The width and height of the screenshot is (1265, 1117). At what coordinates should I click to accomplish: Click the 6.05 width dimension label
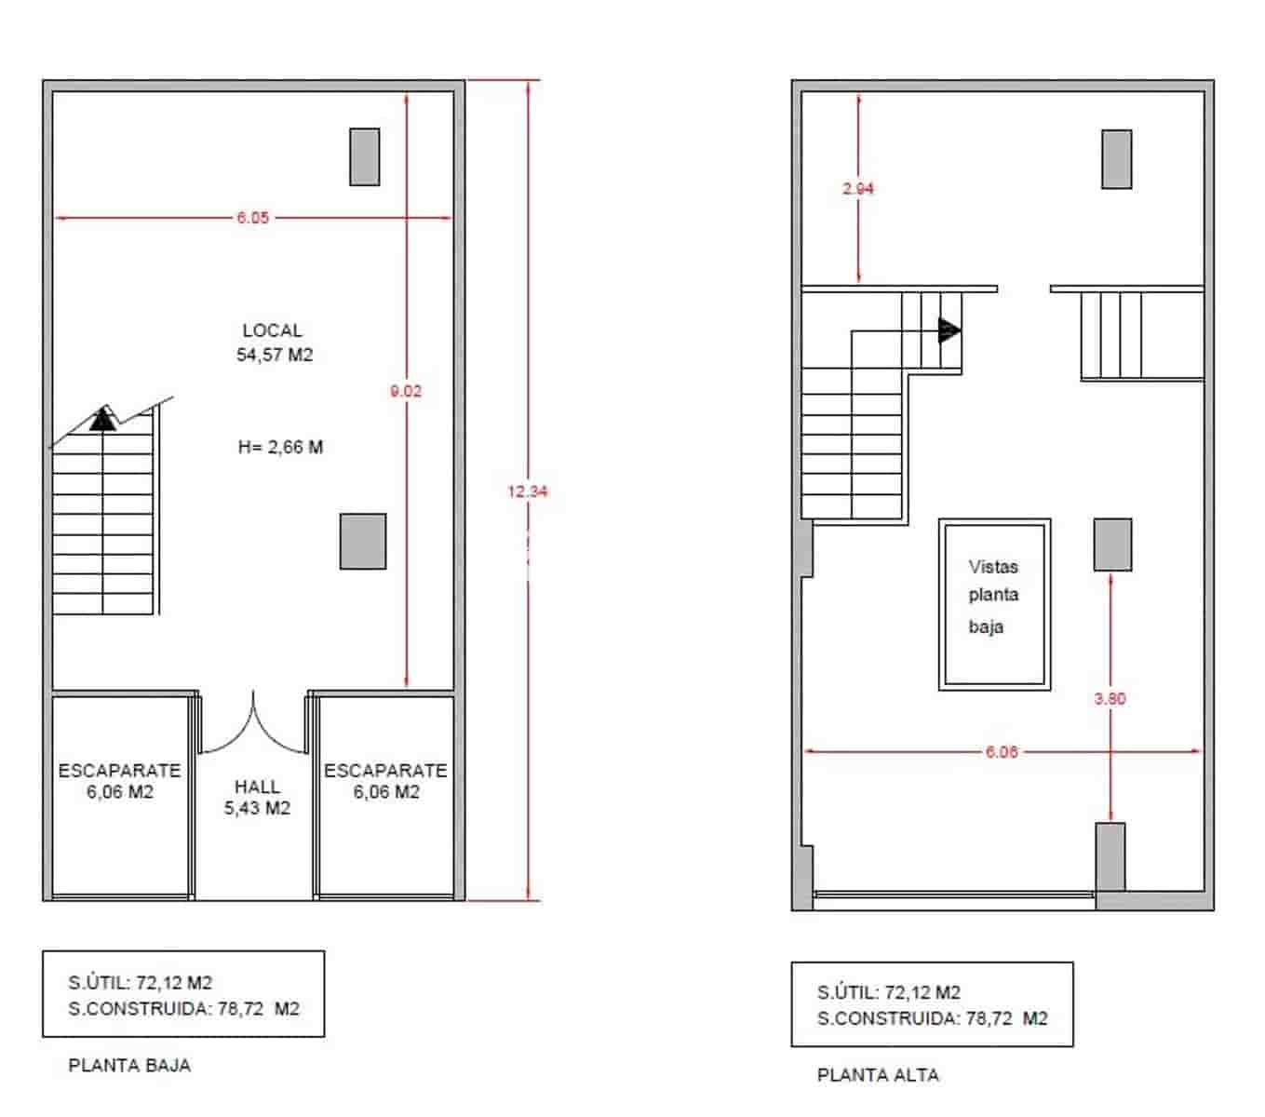(x=252, y=218)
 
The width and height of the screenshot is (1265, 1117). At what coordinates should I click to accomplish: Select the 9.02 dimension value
(x=406, y=391)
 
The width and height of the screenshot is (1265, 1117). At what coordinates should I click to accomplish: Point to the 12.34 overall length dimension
(x=528, y=491)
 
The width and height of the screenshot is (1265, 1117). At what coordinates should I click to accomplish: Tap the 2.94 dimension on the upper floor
(x=858, y=188)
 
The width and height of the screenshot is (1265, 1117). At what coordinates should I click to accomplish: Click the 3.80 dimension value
(x=1110, y=698)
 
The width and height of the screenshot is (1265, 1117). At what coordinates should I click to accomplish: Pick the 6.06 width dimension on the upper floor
(x=1002, y=752)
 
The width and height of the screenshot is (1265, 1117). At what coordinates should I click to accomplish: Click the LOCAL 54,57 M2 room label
(x=274, y=343)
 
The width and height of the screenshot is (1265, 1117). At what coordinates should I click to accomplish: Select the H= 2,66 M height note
(x=280, y=447)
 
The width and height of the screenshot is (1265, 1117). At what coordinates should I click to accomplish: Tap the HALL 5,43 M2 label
(x=257, y=798)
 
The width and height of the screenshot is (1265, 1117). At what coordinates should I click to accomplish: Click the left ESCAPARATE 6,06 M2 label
(x=120, y=781)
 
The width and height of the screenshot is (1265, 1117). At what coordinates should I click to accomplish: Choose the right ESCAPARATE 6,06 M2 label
(x=385, y=781)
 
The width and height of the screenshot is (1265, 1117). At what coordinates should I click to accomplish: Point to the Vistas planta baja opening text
(x=993, y=596)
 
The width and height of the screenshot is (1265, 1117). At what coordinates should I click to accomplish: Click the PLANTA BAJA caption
(x=129, y=1066)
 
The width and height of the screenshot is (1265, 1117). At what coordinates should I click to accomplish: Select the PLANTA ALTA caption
(x=878, y=1075)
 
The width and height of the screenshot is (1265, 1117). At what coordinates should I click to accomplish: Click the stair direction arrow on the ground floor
(x=103, y=420)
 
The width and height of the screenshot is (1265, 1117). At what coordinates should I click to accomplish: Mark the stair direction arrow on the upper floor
(x=949, y=330)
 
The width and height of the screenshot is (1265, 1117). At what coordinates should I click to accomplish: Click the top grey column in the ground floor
(x=364, y=157)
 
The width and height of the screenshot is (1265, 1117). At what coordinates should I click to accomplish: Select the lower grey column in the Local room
(x=362, y=541)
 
